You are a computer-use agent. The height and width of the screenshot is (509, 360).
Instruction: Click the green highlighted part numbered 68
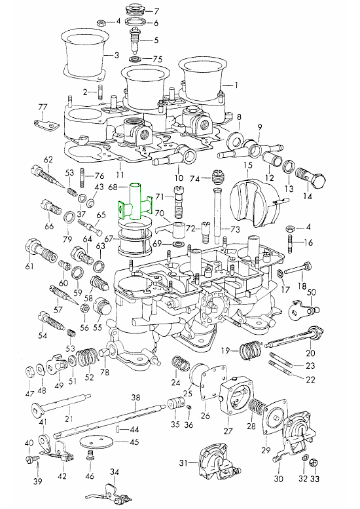point(134,202)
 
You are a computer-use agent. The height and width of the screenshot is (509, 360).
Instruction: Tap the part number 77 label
point(43,107)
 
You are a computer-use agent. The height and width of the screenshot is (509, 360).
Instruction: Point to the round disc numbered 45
point(97,442)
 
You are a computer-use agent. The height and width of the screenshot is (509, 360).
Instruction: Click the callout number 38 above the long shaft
point(136,398)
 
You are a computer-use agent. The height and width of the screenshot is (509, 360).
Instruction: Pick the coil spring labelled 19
point(251,350)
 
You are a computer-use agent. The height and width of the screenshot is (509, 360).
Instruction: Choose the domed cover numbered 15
point(255,202)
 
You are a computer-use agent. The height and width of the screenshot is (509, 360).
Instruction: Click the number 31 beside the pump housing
point(183,463)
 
